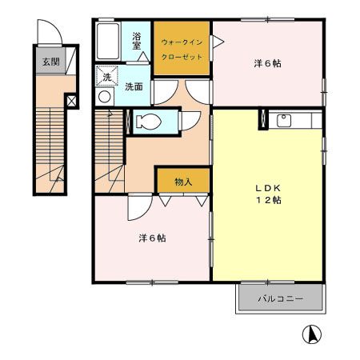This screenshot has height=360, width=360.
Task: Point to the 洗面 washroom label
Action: (134, 86)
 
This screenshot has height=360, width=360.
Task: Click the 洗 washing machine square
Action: (107, 78)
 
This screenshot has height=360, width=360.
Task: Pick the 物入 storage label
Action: (183, 182)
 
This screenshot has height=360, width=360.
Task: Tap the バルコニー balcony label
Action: (279, 298)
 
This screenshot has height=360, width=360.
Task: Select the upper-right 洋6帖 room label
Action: (267, 63)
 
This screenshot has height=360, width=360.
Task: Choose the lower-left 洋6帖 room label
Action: (151, 238)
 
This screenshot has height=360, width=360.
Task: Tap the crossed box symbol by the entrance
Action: (72, 102)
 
